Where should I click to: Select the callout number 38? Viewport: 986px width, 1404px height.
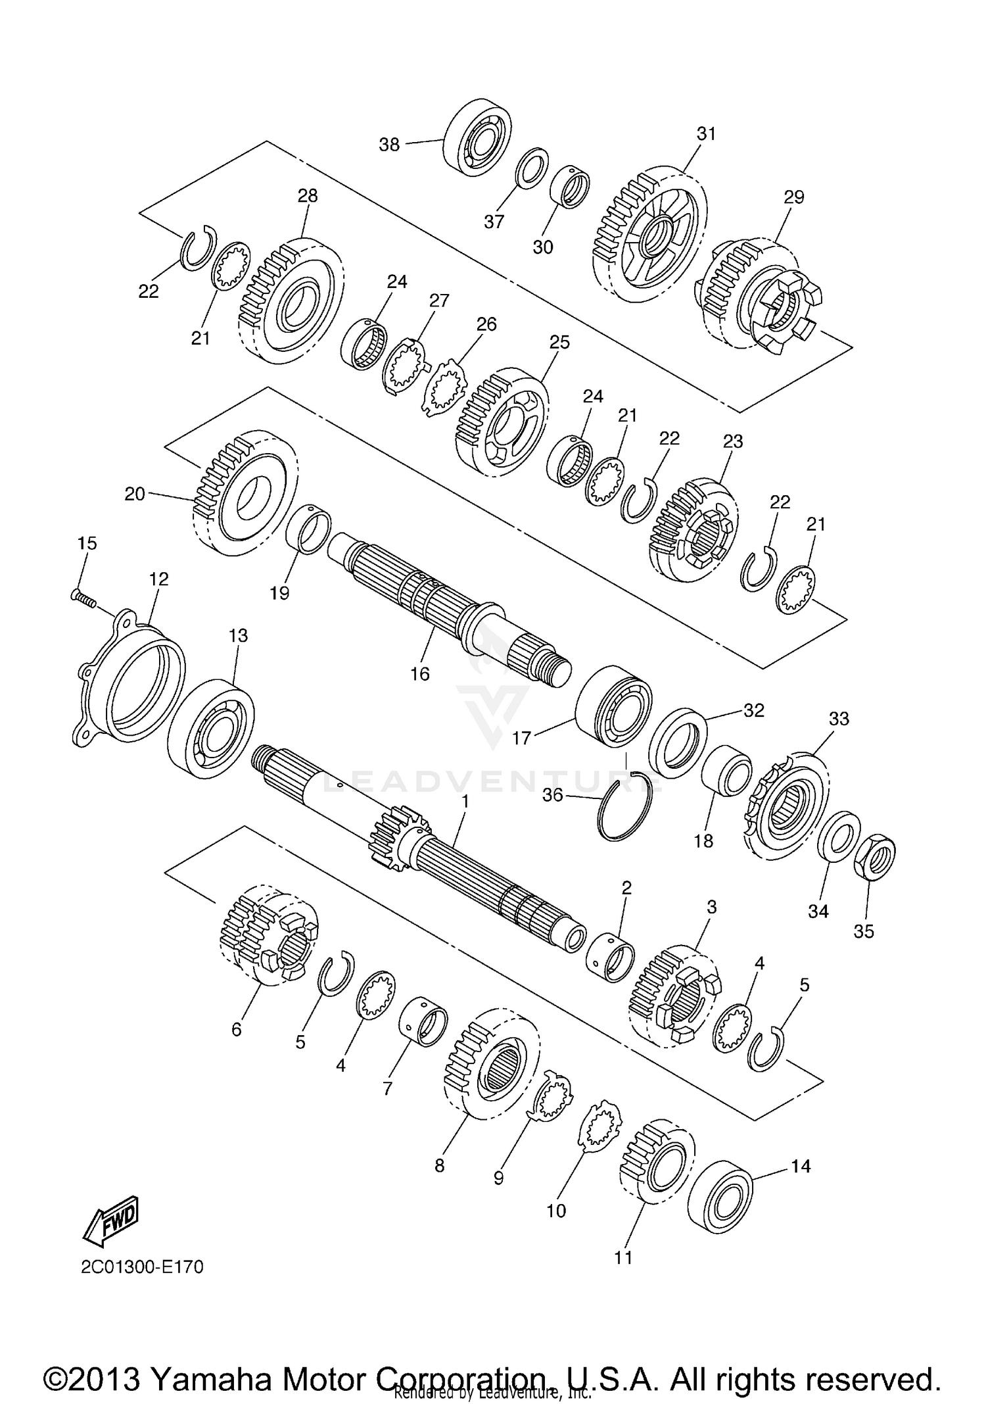[389, 145]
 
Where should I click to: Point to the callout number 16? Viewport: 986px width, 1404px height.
[419, 673]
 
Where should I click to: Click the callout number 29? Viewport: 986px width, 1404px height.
[793, 197]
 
